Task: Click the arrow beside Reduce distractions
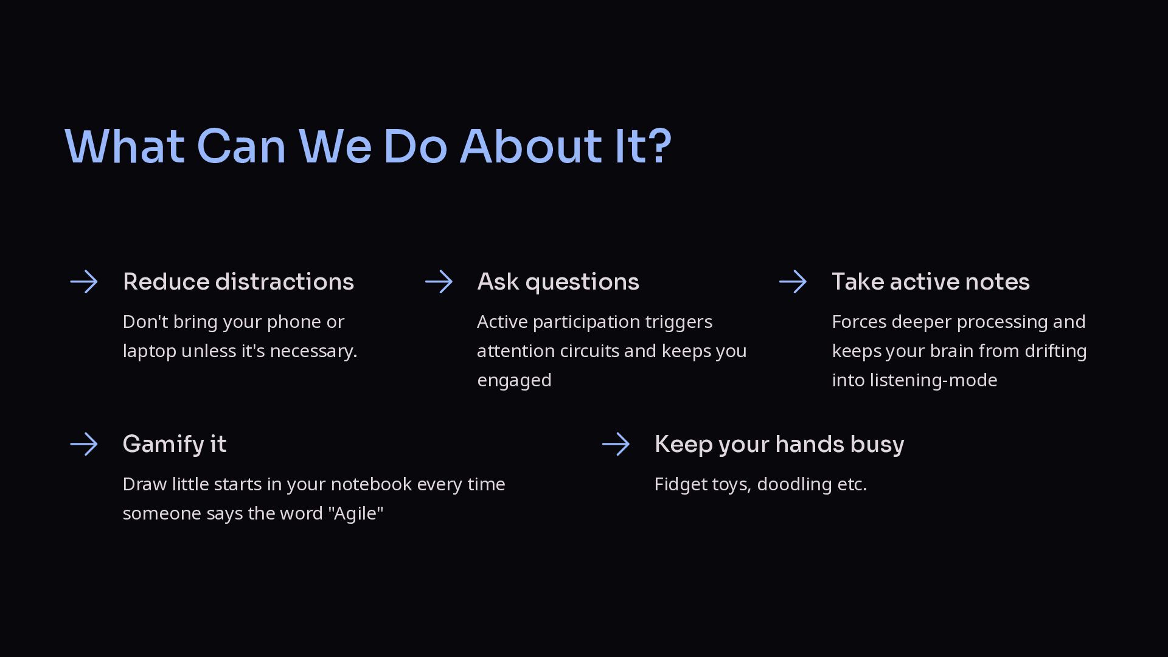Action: tap(84, 282)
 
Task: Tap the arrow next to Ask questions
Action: tap(439, 282)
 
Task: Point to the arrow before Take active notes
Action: tap(793, 282)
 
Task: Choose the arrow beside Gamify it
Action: tap(84, 444)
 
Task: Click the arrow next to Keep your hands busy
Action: tap(616, 444)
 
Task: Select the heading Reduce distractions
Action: tap(238, 282)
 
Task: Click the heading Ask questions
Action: tap(558, 282)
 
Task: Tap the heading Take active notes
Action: tap(931, 282)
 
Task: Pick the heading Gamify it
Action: tap(175, 445)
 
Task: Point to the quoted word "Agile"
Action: tap(356, 513)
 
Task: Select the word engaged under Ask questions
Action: tap(515, 381)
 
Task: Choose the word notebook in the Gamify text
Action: tap(372, 484)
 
